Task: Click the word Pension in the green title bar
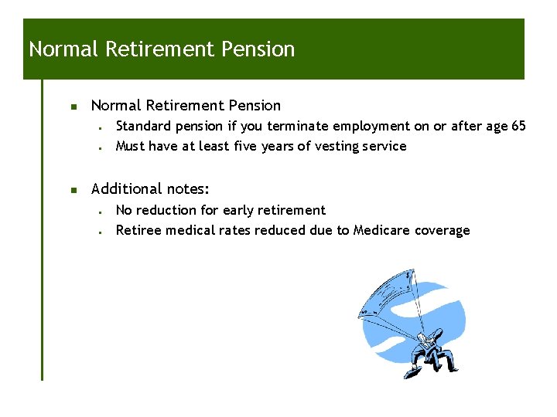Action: [x=258, y=49]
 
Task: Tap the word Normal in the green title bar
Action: [x=63, y=49]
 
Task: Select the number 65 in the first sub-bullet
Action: [x=518, y=126]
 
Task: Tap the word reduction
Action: [x=166, y=210]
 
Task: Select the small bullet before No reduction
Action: [x=101, y=211]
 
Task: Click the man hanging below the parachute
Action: [x=428, y=351]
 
